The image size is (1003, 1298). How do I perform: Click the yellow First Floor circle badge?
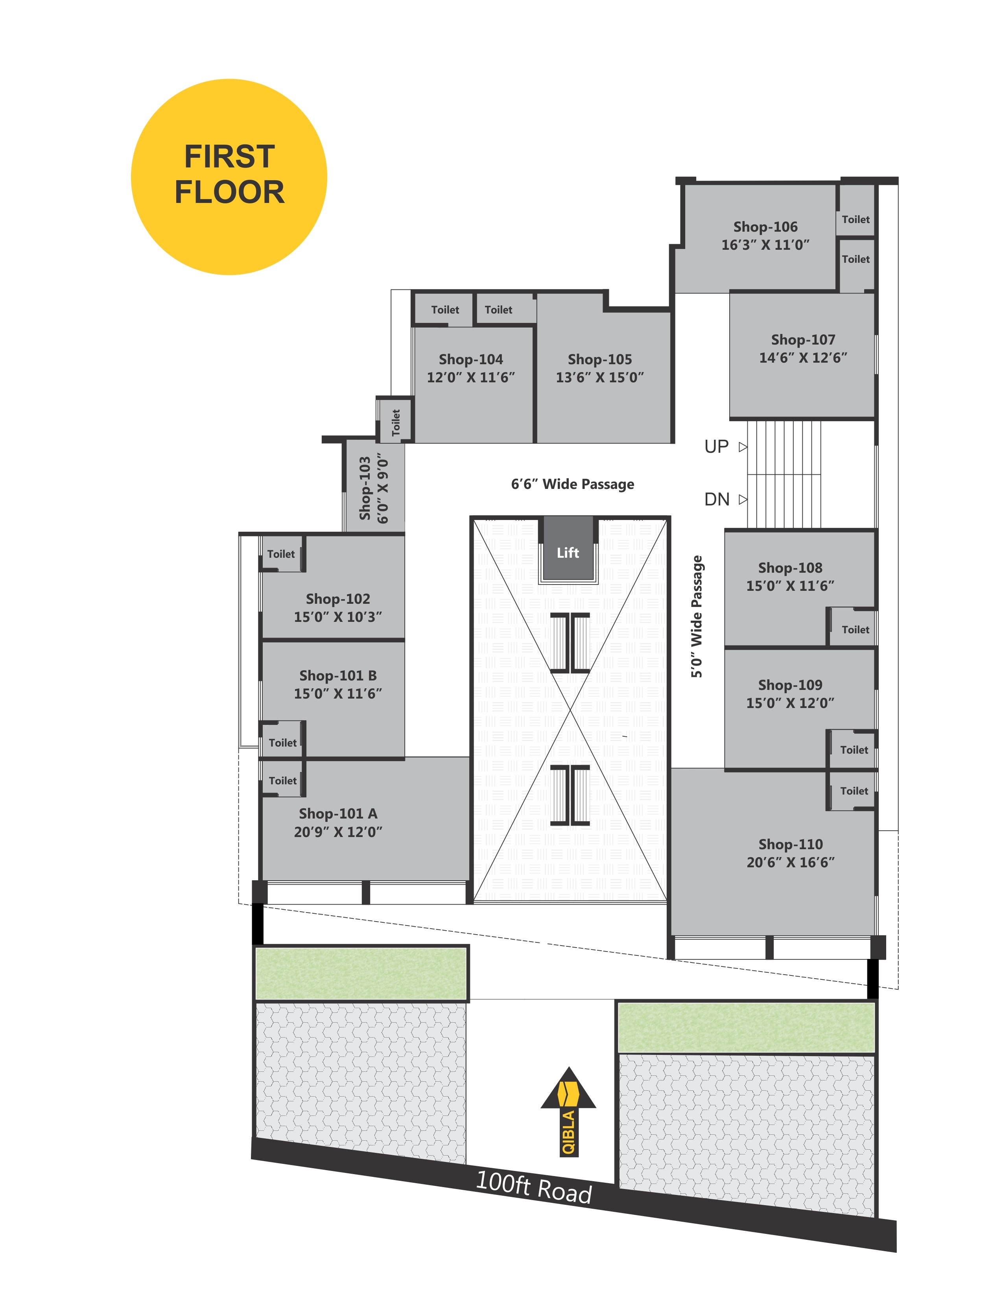pyautogui.click(x=229, y=177)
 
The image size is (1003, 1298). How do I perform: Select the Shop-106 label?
pyautogui.click(x=765, y=227)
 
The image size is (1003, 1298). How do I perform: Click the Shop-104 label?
pyautogui.click(x=470, y=359)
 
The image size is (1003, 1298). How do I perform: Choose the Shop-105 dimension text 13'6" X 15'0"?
pyautogui.click(x=599, y=377)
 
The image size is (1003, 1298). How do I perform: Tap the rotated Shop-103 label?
pyautogui.click(x=365, y=489)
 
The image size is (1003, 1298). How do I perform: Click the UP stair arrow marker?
pyautogui.click(x=743, y=447)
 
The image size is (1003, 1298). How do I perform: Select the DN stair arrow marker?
pyautogui.click(x=743, y=499)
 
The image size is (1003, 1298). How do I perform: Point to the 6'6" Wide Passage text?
pyautogui.click(x=572, y=484)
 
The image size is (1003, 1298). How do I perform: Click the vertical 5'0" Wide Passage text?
pyautogui.click(x=696, y=616)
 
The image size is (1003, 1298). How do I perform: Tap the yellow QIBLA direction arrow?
pyautogui.click(x=568, y=1111)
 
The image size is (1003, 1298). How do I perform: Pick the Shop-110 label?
pyautogui.click(x=790, y=844)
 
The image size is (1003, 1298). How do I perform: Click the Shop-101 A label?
pyautogui.click(x=338, y=813)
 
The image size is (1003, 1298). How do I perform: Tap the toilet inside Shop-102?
pyautogui.click(x=281, y=554)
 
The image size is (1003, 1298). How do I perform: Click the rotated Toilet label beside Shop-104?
pyautogui.click(x=396, y=422)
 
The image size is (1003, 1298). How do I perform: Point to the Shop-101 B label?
pyautogui.click(x=338, y=675)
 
